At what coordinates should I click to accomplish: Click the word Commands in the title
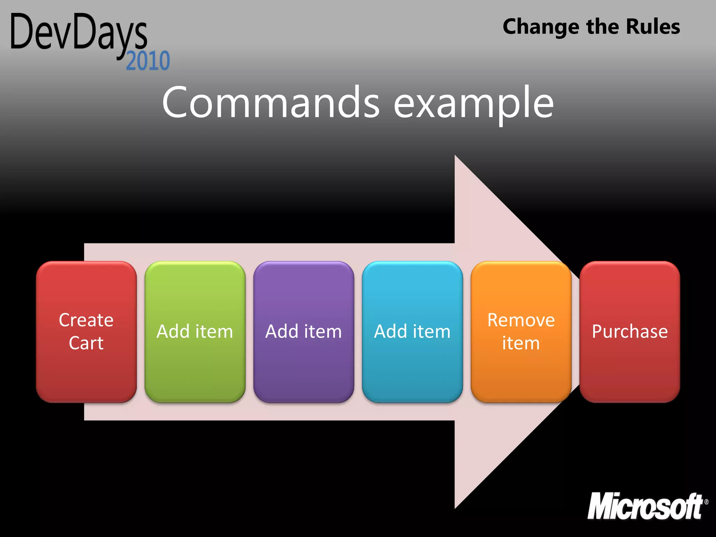coord(271,102)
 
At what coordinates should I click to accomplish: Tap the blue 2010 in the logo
coord(148,61)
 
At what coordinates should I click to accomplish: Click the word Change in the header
coord(541,27)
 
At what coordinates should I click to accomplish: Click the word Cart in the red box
coord(86,343)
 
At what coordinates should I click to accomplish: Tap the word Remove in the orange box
coord(521,320)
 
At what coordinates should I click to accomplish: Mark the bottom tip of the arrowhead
coord(456,507)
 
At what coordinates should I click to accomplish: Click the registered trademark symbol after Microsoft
coord(706,502)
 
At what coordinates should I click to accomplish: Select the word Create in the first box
coord(86,320)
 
